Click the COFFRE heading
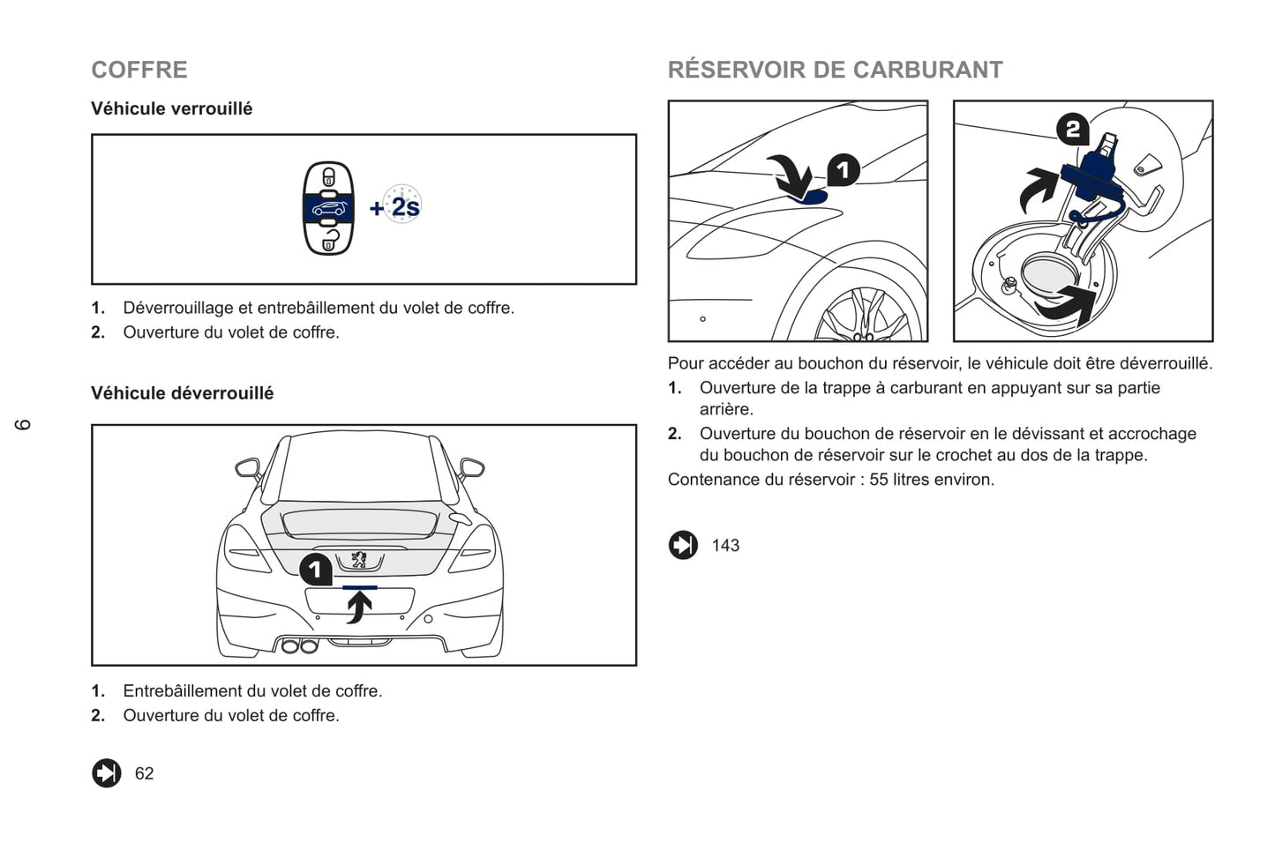pos(139,70)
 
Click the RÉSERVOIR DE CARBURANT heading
pos(835,70)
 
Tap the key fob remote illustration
pos(328,208)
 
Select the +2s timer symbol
pos(395,205)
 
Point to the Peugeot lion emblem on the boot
pos(359,560)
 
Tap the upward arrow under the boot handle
pos(359,607)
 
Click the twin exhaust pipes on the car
pos(300,645)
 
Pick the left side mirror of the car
pos(248,469)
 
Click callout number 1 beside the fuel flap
pos(843,170)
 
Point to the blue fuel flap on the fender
pos(811,198)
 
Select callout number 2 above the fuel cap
pos(1073,129)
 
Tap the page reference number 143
pos(725,545)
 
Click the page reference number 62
pos(144,773)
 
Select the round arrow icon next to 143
pos(683,545)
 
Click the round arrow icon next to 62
pos(107,773)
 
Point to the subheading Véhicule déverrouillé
pos(182,393)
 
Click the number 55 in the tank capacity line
pos(878,480)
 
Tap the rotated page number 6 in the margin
pos(23,425)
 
